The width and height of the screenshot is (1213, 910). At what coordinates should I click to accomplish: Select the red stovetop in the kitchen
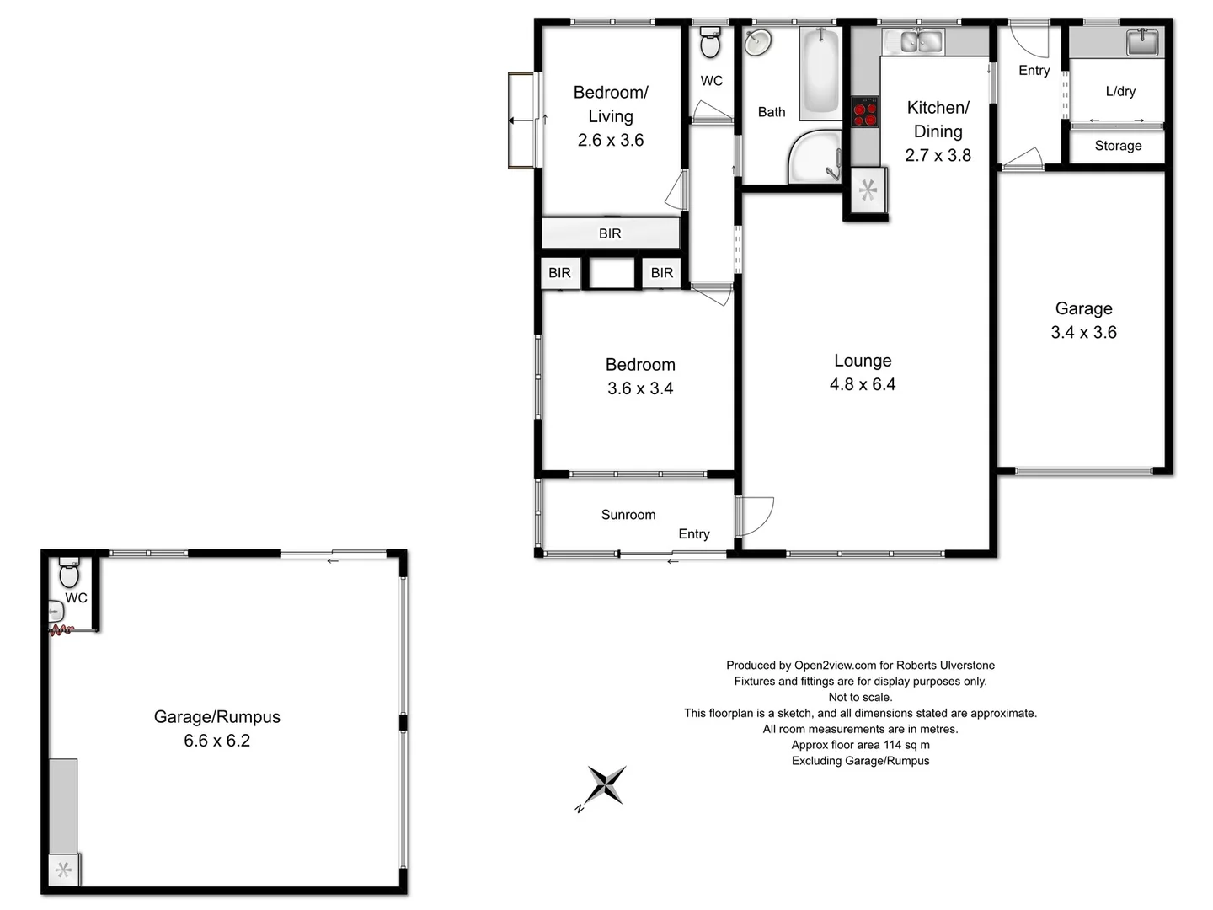[x=865, y=113]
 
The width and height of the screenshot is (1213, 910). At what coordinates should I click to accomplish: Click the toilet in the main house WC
[x=710, y=43]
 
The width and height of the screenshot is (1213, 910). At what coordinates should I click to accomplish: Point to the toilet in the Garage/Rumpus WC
[x=69, y=575]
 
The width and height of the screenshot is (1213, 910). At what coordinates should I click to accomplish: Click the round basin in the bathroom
[x=759, y=42]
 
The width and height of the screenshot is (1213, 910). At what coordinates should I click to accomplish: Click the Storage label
[x=1118, y=146]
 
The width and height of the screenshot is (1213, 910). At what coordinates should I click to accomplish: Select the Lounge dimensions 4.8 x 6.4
[x=863, y=384]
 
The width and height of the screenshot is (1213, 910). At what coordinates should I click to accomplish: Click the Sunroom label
[x=628, y=515]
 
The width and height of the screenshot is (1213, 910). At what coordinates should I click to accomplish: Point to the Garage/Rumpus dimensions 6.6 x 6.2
[x=217, y=741]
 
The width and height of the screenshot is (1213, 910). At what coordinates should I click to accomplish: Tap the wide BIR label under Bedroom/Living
[x=610, y=233]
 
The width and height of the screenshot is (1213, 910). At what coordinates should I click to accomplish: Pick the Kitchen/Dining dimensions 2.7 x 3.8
[x=938, y=155]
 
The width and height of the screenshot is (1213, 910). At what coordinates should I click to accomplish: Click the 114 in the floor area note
[x=892, y=745]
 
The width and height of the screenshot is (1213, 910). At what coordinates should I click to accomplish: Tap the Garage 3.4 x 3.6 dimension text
[x=1083, y=332]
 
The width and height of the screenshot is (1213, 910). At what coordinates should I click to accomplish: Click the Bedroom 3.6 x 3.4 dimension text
[x=640, y=388]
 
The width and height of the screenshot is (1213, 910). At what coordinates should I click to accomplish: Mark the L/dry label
[x=1120, y=91]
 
